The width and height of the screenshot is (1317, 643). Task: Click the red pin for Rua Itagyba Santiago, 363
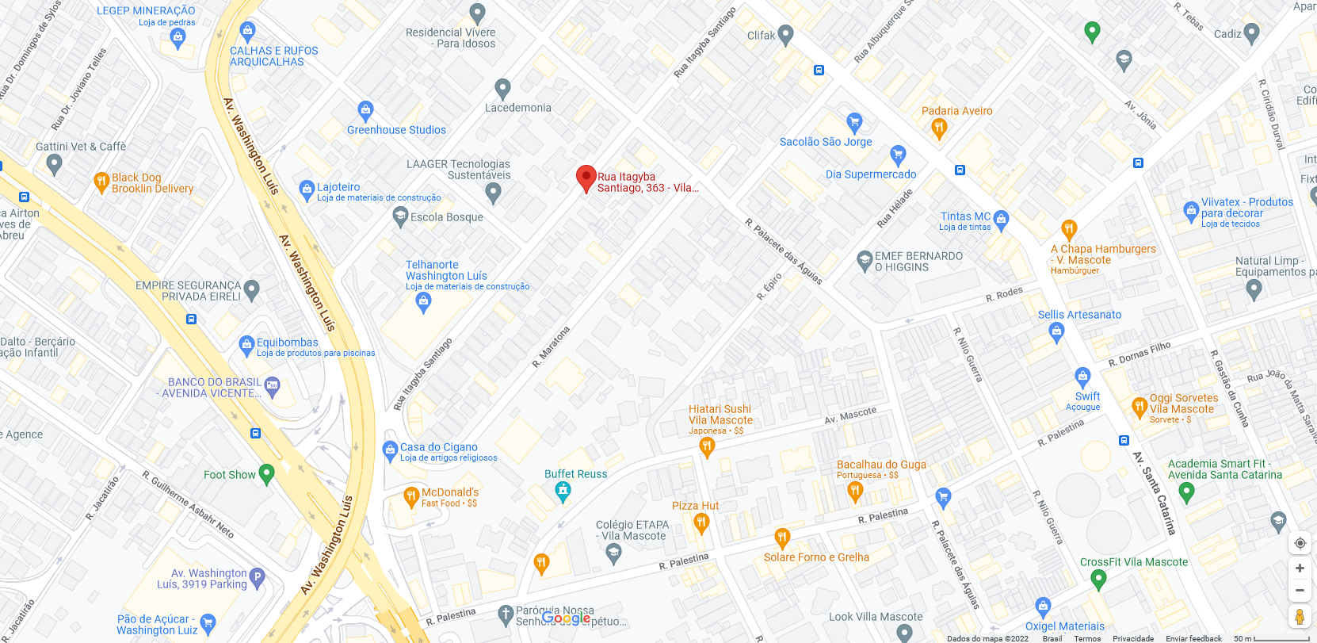(586, 178)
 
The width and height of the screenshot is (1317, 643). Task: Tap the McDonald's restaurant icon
(410, 497)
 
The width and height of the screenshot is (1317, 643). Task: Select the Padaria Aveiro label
(956, 111)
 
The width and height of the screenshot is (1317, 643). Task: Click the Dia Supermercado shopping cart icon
(897, 154)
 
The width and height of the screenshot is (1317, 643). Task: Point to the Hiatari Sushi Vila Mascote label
(720, 415)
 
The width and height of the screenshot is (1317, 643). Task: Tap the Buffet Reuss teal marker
(563, 492)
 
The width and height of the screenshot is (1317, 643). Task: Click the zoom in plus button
(1300, 568)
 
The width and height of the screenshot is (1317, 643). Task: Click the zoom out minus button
(1300, 591)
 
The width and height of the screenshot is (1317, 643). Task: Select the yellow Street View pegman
(1300, 617)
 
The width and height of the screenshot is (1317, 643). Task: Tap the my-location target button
(1300, 543)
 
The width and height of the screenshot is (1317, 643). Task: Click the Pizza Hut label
(695, 506)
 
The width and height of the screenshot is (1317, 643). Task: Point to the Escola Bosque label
(447, 217)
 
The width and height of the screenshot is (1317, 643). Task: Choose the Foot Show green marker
(266, 473)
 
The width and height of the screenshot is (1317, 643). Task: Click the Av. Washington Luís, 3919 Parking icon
(257, 576)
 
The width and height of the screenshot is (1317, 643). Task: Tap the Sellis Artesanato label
(1079, 315)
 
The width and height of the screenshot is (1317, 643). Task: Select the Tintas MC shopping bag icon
(1001, 219)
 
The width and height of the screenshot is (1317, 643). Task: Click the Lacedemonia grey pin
(502, 88)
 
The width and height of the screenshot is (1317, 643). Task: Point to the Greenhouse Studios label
(396, 130)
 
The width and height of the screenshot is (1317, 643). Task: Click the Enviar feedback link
(1193, 638)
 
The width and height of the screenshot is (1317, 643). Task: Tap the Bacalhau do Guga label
(881, 465)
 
